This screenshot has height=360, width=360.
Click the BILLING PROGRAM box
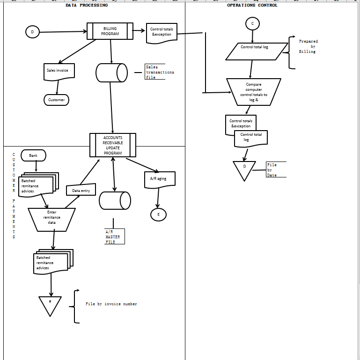(x=110, y=31)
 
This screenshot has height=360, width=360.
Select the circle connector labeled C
(x=252, y=23)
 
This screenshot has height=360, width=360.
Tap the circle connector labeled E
(x=158, y=214)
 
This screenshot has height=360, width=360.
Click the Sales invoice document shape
(x=59, y=71)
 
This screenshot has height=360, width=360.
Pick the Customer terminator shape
(x=57, y=100)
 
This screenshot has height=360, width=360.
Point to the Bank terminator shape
(x=33, y=155)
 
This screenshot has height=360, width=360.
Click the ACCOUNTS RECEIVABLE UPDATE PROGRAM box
(x=113, y=145)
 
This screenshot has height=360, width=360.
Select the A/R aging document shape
(x=158, y=179)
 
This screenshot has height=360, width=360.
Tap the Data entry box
(x=81, y=191)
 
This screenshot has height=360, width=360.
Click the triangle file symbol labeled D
(x=244, y=169)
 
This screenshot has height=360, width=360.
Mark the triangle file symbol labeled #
(x=50, y=304)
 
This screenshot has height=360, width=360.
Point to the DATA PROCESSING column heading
(x=87, y=5)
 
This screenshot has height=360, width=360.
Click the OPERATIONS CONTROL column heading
(x=252, y=5)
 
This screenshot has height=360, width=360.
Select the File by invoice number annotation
(x=111, y=304)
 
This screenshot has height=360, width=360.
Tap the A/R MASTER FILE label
(x=113, y=237)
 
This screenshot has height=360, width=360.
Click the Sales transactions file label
(x=159, y=72)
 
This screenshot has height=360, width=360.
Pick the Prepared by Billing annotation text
(x=308, y=46)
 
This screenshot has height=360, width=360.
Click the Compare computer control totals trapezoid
(x=254, y=91)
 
